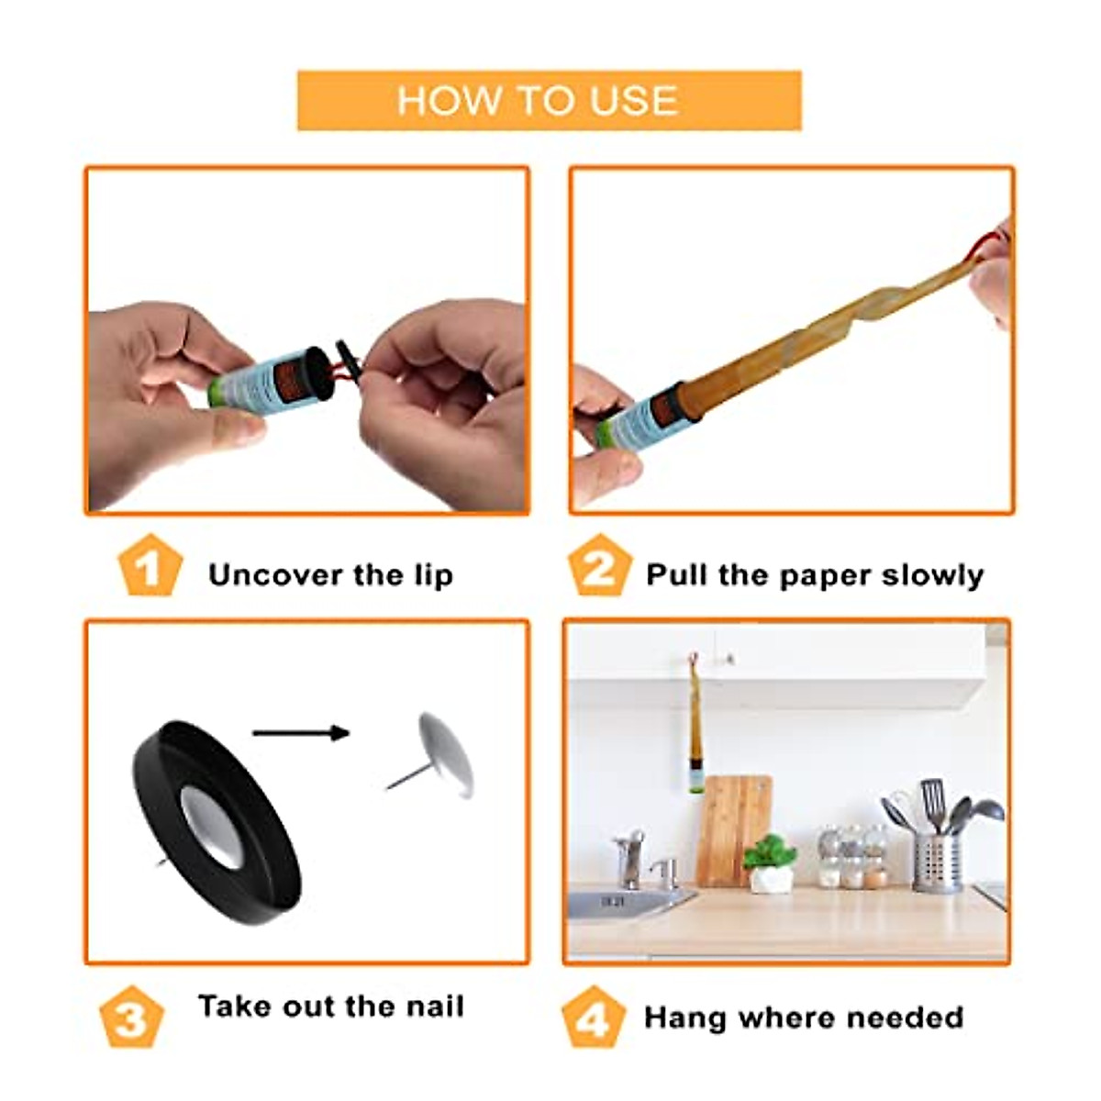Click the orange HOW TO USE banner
click(x=549, y=100)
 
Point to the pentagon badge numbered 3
click(x=131, y=1017)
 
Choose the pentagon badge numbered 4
click(x=593, y=1017)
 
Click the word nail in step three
click(x=436, y=1006)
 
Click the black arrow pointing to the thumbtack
click(x=300, y=732)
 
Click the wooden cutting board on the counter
click(x=733, y=830)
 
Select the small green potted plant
click(x=770, y=862)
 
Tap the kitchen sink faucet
click(x=631, y=858)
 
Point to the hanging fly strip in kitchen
click(x=696, y=725)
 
